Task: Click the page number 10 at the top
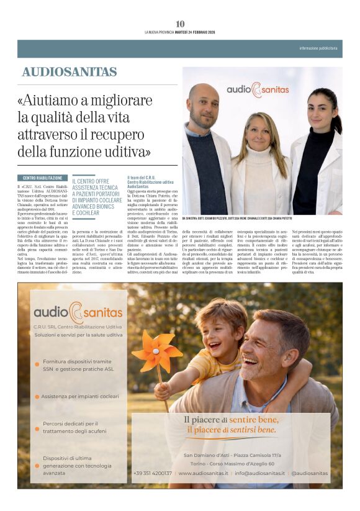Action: (x=180, y=24)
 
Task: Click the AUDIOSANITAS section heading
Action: (x=70, y=72)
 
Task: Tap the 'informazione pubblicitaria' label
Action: (x=318, y=48)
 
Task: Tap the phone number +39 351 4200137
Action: (x=153, y=473)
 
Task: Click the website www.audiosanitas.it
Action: (x=200, y=473)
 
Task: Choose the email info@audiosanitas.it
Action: (x=259, y=473)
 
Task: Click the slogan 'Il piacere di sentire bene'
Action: (x=230, y=420)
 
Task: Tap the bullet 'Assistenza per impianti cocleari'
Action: (x=80, y=396)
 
